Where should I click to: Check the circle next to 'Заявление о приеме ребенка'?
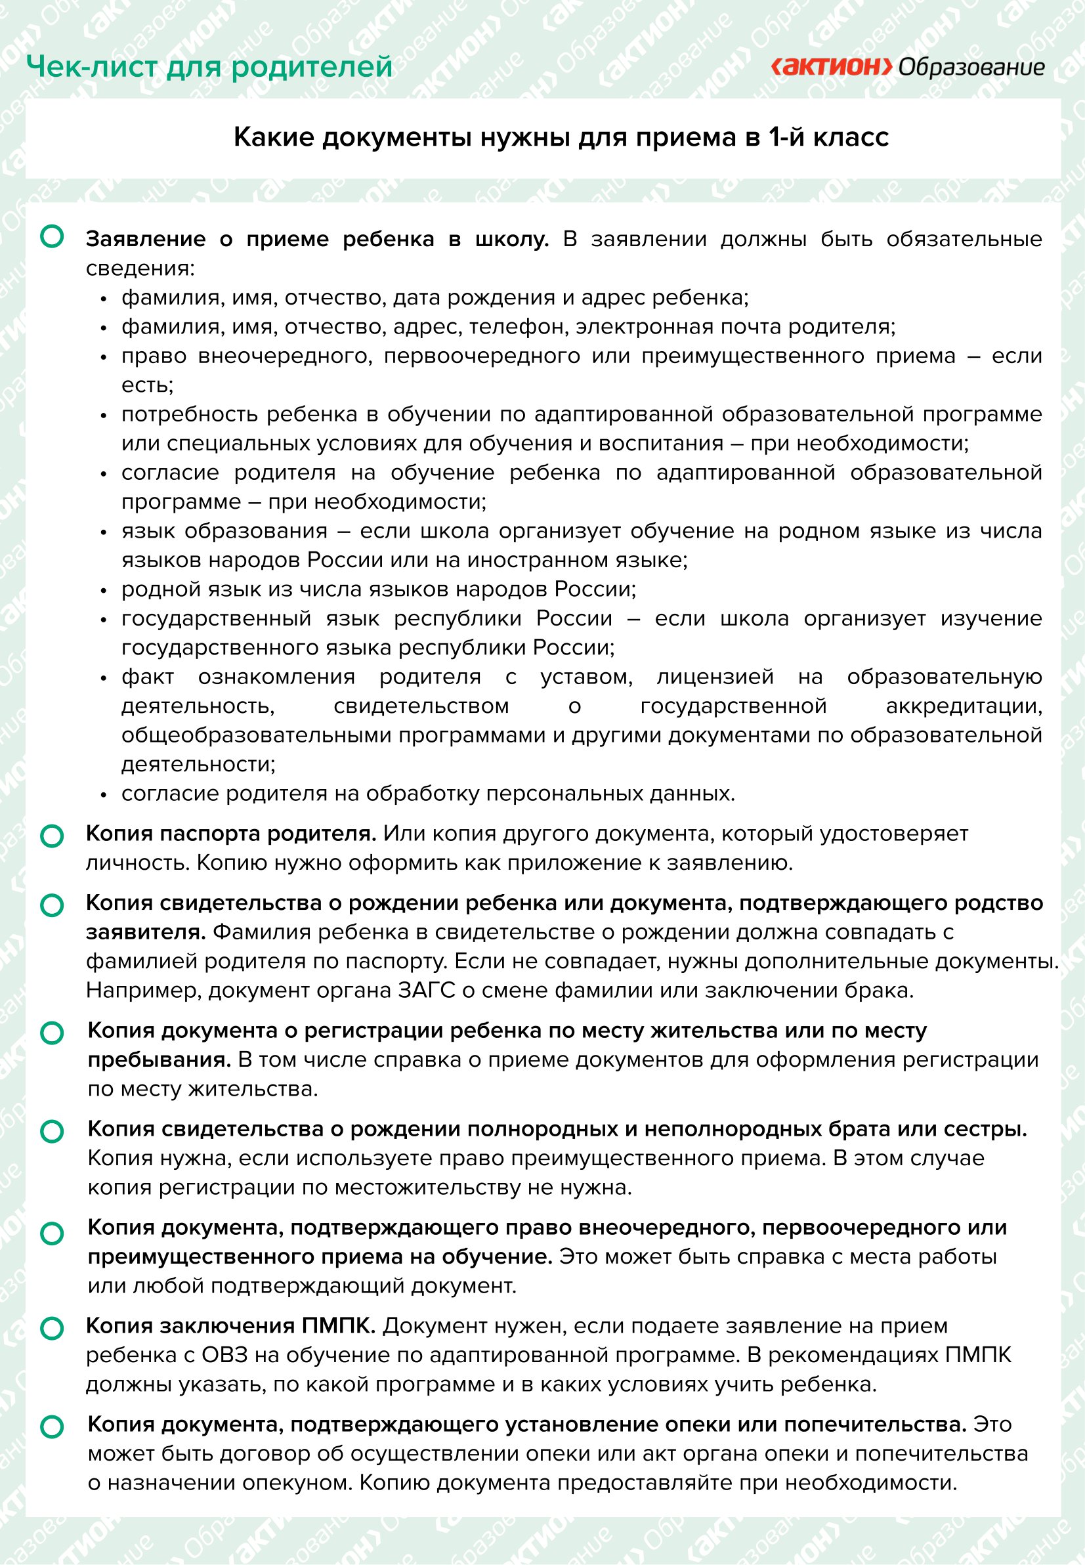point(53,237)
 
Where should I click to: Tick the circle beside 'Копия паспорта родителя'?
point(53,836)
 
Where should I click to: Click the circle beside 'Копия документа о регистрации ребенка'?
point(53,1033)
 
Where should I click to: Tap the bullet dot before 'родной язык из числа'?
point(104,591)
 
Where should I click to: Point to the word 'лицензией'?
point(715,677)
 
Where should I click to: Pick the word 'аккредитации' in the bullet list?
point(964,706)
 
